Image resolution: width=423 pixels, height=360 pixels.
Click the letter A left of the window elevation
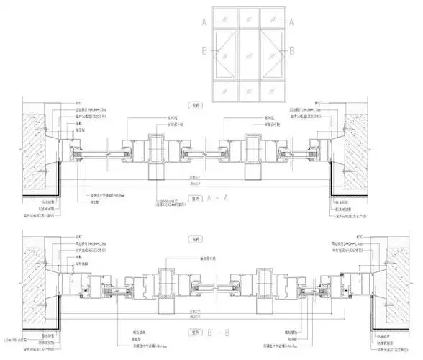pos(204,22)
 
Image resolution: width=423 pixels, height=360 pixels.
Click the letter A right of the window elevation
pos(291,22)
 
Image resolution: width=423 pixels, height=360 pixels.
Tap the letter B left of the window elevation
pos(204,51)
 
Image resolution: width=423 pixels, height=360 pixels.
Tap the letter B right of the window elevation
pos(291,51)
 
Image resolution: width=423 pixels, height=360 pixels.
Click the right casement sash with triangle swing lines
pos(270,54)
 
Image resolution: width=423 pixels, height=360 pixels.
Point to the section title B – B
pos(216,333)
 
